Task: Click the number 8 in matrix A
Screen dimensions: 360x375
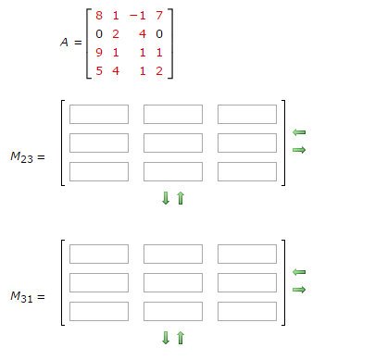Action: click(x=99, y=17)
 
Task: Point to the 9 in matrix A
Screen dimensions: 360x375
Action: click(x=99, y=52)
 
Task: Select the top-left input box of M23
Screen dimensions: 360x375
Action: click(x=99, y=114)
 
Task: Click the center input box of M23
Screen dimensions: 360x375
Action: click(x=173, y=143)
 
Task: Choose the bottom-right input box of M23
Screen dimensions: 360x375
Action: click(x=247, y=171)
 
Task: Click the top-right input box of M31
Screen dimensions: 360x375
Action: click(x=247, y=254)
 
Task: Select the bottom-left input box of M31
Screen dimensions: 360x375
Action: click(x=99, y=311)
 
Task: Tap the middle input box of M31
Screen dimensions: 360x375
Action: click(x=173, y=282)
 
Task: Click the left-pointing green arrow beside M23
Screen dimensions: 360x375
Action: click(x=298, y=133)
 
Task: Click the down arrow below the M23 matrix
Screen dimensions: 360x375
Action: click(x=167, y=199)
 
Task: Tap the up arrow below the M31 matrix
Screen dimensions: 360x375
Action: click(x=181, y=339)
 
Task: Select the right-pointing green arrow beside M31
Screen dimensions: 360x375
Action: click(x=298, y=289)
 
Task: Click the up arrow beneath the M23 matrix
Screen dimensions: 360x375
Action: click(x=181, y=199)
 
